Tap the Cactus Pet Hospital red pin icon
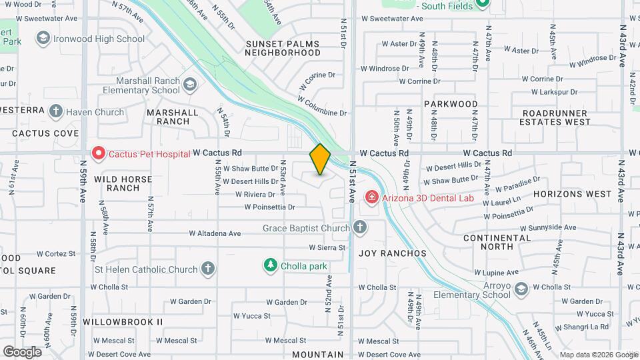(x=99, y=153)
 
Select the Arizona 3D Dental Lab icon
(x=371, y=197)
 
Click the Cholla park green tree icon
(x=271, y=265)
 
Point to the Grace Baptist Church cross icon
(x=360, y=229)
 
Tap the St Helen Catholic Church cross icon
(x=208, y=269)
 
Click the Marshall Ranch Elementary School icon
(x=191, y=84)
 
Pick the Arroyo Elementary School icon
(x=521, y=288)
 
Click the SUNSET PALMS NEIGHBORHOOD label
(x=283, y=48)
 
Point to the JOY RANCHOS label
(x=392, y=253)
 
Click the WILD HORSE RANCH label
(x=123, y=183)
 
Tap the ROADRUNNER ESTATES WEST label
(x=556, y=118)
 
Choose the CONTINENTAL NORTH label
(x=497, y=242)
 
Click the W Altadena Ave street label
(x=215, y=233)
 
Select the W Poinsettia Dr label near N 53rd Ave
(x=269, y=207)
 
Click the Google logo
(x=22, y=351)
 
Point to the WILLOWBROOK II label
(x=123, y=321)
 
